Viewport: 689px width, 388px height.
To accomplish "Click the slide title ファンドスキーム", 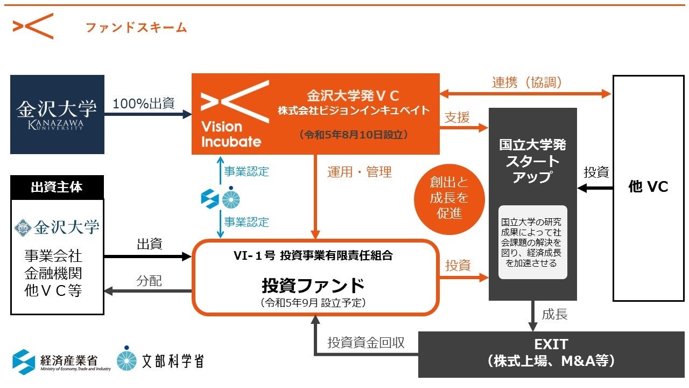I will pos(136,27).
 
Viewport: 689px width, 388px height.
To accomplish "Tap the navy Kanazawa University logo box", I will pos(57,114).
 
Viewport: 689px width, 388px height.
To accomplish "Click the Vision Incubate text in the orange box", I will pos(231,134).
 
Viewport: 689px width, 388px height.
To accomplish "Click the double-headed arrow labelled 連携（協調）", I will pos(525,94).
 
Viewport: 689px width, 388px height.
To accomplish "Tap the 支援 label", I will pos(458,117).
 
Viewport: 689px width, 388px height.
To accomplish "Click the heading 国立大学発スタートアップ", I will pos(532,161).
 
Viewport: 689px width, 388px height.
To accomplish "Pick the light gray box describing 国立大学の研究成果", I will pos(532,242).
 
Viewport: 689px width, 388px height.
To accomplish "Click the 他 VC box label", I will pos(648,186).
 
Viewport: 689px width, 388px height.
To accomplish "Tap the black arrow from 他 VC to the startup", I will pos(595,188).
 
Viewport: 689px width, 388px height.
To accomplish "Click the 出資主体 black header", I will pos(57,187).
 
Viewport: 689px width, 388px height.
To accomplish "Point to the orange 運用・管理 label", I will pos(360,172).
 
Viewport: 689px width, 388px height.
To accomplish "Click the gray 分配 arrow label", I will pos(149,281).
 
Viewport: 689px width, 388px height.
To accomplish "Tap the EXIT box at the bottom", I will pos(551,353).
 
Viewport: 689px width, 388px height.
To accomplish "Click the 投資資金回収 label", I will pos(366,342).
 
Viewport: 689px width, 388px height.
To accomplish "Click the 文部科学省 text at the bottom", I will pos(172,361).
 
